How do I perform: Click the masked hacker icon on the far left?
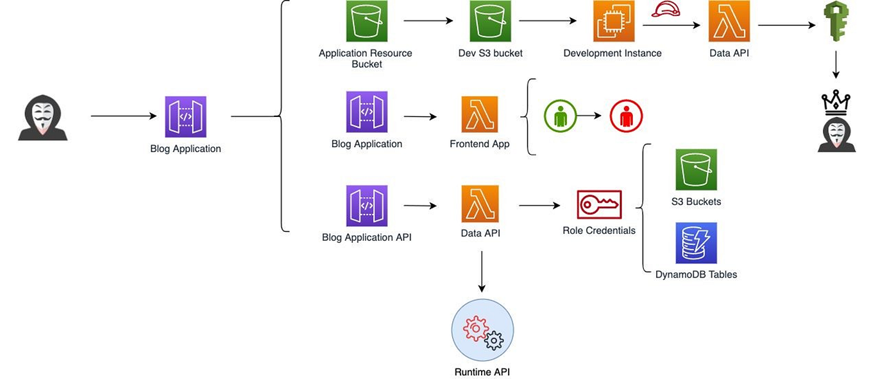coord(42,118)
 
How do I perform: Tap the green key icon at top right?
coord(836,21)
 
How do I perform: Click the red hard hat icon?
coord(666,10)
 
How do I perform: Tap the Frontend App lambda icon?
coord(480,114)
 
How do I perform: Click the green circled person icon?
coord(560,116)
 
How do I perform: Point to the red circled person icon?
coord(626,116)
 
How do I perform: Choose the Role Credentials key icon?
coord(599,205)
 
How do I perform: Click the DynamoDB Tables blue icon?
coord(696,243)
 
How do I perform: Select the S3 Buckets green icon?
coord(696,170)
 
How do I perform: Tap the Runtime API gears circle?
coord(482,330)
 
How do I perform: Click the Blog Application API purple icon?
coord(367,206)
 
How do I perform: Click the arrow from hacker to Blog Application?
coord(124,116)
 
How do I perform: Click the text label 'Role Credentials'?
coord(599,231)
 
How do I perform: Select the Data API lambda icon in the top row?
coord(729,21)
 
